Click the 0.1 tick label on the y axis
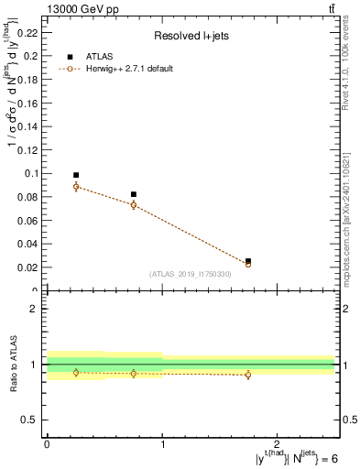pyautogui.click(x=33, y=173)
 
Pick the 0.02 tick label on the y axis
pyautogui.click(x=30, y=267)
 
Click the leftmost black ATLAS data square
pyautogui.click(x=76, y=175)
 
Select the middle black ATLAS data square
pyautogui.click(x=134, y=194)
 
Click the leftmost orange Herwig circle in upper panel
pyautogui.click(x=76, y=186)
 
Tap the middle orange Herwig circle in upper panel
pyautogui.click(x=134, y=205)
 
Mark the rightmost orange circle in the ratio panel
pyautogui.click(x=248, y=375)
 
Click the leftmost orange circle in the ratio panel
pyautogui.click(x=76, y=372)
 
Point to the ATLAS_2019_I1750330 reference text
pyautogui.click(x=190, y=274)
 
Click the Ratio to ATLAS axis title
pyautogui.click(x=16, y=365)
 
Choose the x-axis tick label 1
pyautogui.click(x=162, y=442)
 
